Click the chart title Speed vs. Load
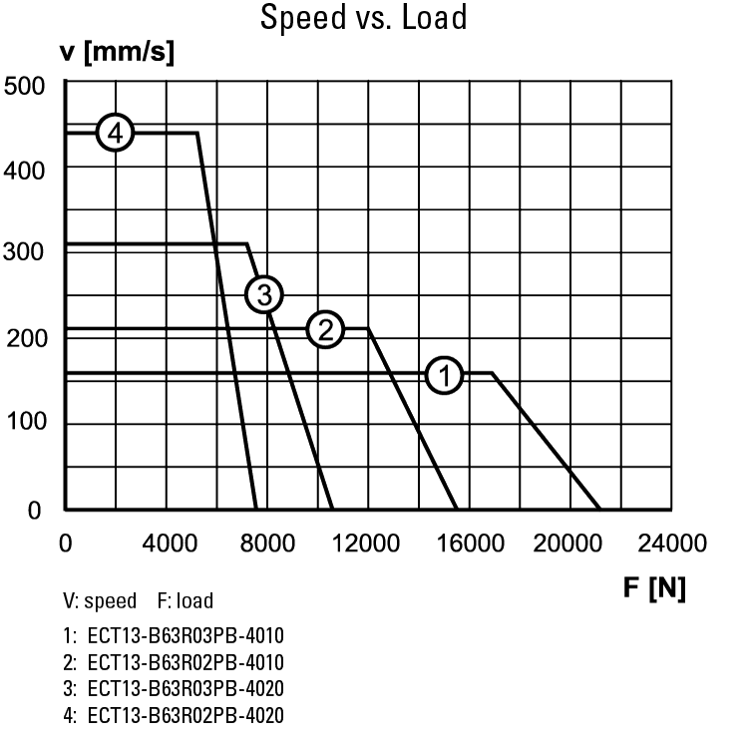[363, 18]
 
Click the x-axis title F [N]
[654, 588]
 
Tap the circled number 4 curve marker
[116, 133]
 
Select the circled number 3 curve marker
[264, 294]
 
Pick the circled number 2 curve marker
[325, 329]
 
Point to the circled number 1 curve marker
[445, 375]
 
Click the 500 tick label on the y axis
[27, 85]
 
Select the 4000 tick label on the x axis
[167, 544]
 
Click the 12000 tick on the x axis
[369, 544]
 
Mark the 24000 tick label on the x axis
[672, 544]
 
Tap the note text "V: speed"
[100, 601]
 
